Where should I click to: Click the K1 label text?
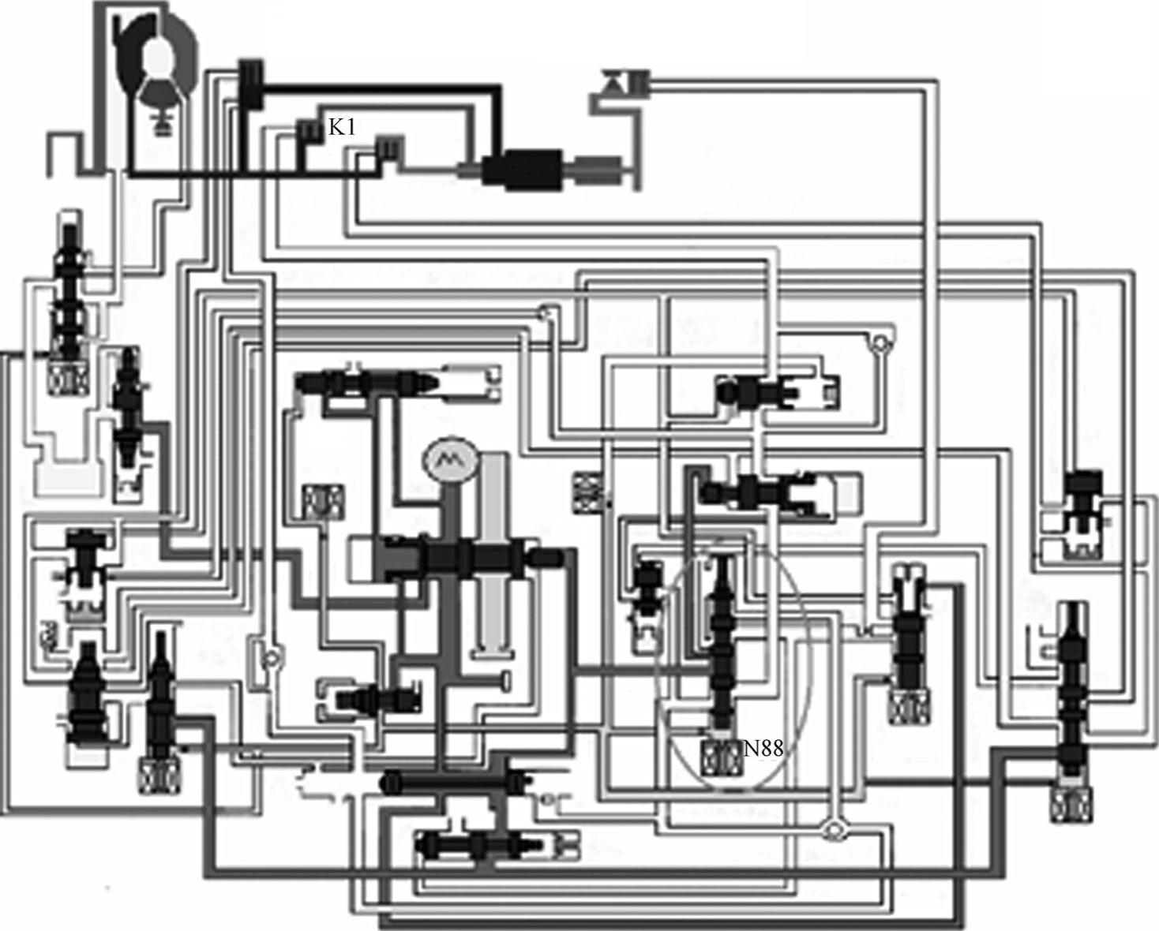pos(341,128)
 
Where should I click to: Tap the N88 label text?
pos(763,748)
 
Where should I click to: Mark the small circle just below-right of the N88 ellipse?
pos(831,829)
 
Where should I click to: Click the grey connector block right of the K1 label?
pos(388,148)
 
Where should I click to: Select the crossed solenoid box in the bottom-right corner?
pos(1068,806)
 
